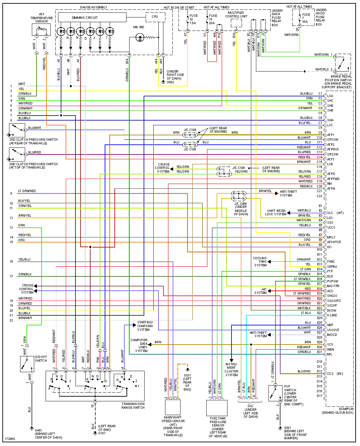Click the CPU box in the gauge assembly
[x=155, y=17]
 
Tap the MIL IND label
[x=139, y=27]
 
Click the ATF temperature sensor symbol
[x=41, y=30]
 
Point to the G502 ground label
[x=170, y=82]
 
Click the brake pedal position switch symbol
[x=342, y=64]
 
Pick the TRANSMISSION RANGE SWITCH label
[x=133, y=406]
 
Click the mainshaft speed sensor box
[x=173, y=407]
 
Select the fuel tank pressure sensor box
[x=217, y=408]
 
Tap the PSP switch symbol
[x=275, y=393]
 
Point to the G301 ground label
[x=288, y=428]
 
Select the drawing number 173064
[x=10, y=439]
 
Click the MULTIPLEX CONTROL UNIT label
[x=236, y=14]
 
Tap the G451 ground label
[x=39, y=430]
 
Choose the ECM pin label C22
[x=319, y=196]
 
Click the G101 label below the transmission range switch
[x=102, y=433]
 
